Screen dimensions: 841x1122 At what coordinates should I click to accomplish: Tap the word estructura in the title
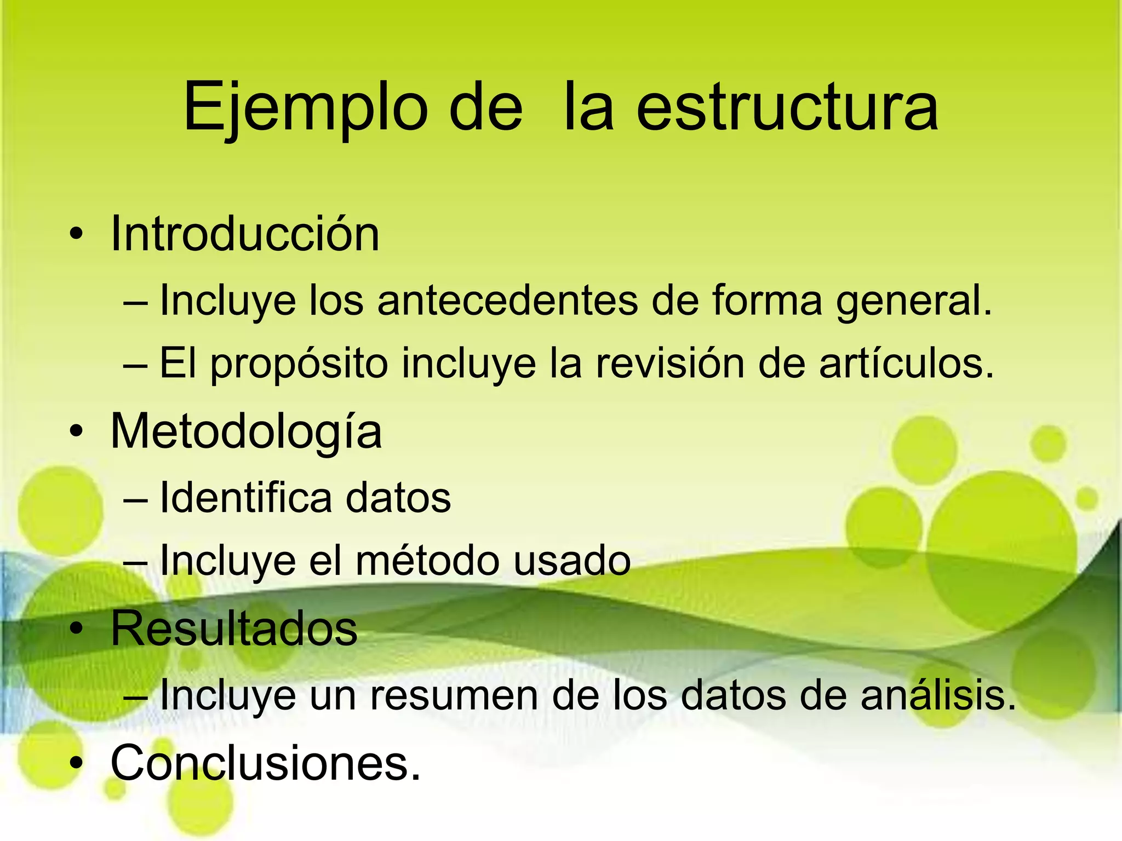click(x=787, y=107)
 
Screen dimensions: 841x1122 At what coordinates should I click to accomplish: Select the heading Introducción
click(x=245, y=234)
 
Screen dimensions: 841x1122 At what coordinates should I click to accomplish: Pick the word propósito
click(x=300, y=364)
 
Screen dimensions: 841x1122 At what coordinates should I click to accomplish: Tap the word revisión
click(x=669, y=362)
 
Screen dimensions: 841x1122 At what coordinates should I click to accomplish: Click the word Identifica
click(x=246, y=498)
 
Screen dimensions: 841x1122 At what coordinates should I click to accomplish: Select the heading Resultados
click(x=234, y=628)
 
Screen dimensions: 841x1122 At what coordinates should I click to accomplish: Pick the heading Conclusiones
click(x=266, y=763)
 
